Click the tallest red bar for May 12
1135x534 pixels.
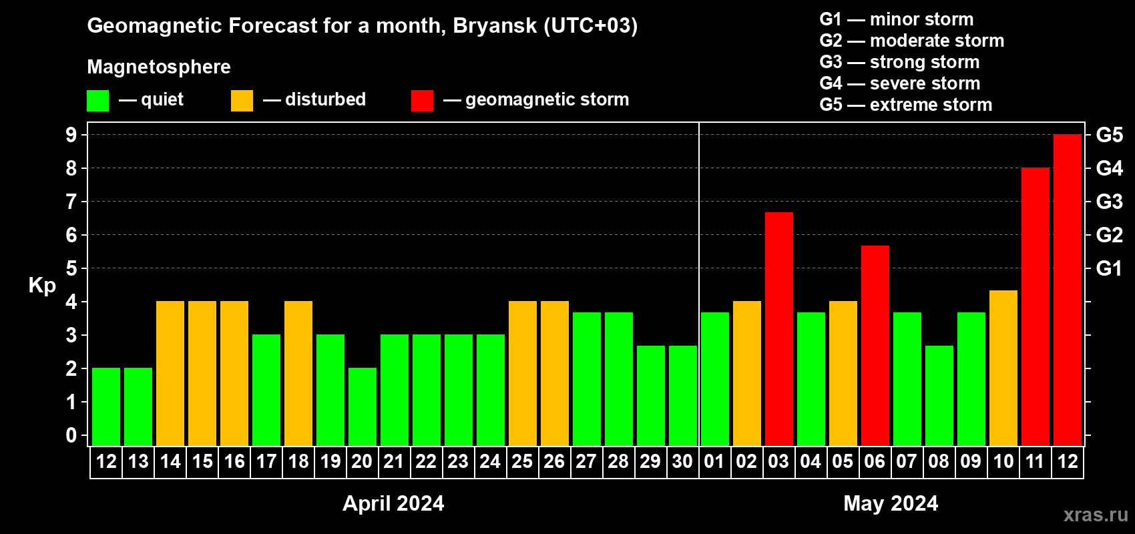point(1067,290)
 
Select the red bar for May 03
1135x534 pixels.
point(778,329)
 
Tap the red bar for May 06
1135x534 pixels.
point(875,346)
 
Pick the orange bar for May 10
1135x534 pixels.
point(1003,368)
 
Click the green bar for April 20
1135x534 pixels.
point(363,407)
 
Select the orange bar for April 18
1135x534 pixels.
point(298,373)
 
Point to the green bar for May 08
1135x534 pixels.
point(939,396)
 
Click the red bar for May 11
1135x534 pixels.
point(1035,306)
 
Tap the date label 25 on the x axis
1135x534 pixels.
point(522,461)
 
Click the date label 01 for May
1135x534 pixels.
point(714,461)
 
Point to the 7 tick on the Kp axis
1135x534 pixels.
point(71,202)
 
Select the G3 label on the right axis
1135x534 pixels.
point(1109,202)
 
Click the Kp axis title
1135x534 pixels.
point(42,286)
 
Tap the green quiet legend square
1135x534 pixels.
point(97,100)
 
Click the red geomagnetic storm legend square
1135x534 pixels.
point(422,100)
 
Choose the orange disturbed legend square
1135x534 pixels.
point(242,100)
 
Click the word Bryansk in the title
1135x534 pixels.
point(495,26)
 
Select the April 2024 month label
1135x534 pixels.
point(393,503)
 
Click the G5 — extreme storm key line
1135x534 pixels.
point(905,105)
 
